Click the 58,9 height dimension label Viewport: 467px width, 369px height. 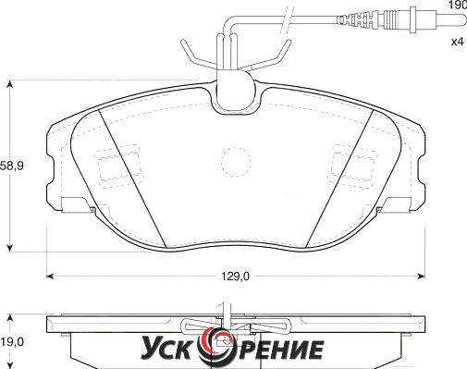(12, 166)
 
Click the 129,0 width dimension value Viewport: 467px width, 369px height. (236, 277)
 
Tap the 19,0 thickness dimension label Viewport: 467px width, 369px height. (12, 341)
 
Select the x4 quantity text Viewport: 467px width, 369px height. (458, 42)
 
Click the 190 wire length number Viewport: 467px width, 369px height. (458, 6)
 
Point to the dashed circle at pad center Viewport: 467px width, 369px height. (236, 162)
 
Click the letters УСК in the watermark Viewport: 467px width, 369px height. (168, 349)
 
